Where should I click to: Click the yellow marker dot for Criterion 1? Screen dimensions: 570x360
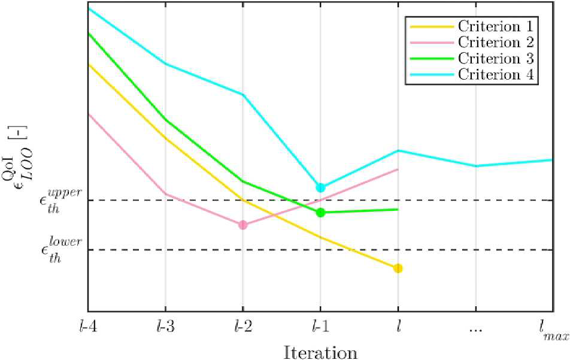[x=398, y=268]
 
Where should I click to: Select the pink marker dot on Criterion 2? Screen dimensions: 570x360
[x=243, y=225]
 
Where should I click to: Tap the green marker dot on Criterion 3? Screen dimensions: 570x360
[x=320, y=213]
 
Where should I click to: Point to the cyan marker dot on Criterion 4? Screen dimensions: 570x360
[x=321, y=187]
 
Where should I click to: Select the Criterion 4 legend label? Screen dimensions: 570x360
[x=496, y=74]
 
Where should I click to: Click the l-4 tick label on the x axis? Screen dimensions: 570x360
[x=87, y=327]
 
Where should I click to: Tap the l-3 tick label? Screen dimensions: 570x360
[x=165, y=327]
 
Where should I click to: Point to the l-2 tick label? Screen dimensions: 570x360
[x=243, y=327]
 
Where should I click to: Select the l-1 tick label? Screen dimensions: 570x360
[x=320, y=327]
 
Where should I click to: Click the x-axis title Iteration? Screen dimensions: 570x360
[x=320, y=352]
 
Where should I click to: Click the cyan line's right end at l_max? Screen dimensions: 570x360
[x=553, y=160]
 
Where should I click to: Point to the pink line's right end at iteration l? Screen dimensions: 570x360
[x=398, y=170]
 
